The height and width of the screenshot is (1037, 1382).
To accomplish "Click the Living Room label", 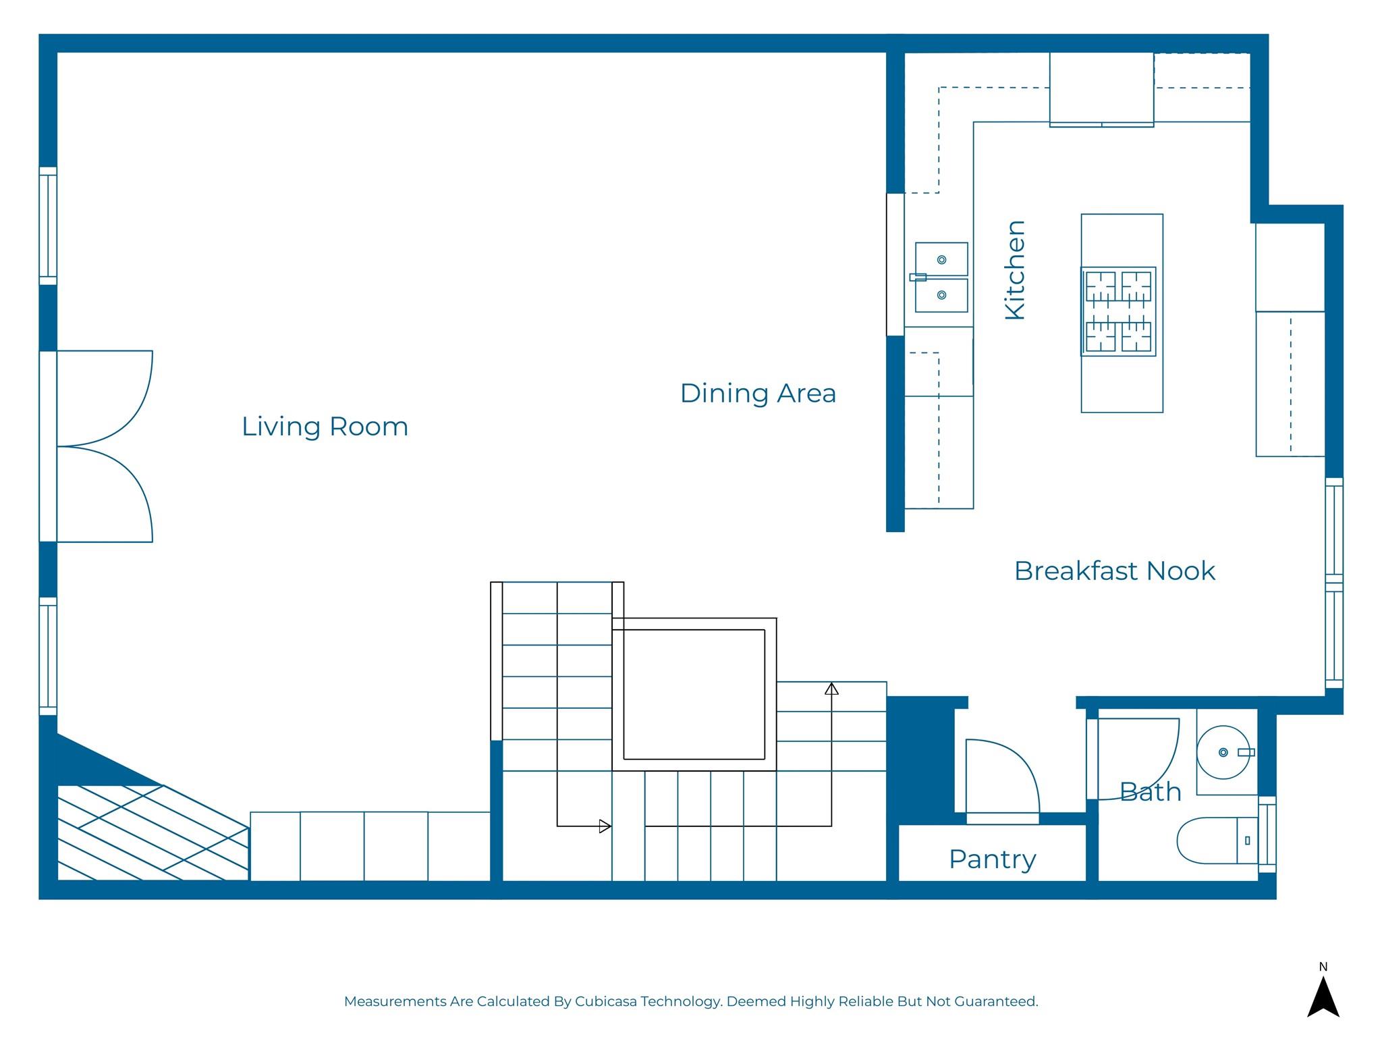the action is [325, 427].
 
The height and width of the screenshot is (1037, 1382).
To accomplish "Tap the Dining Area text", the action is [758, 394].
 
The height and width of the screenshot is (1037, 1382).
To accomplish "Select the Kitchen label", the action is [1015, 269].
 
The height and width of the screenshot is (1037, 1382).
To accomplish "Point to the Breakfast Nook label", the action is [1114, 571].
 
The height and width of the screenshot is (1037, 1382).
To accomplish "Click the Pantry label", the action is [992, 860].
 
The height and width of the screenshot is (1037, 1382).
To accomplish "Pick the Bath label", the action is [1151, 792].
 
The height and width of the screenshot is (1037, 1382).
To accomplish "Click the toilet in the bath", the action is [1217, 841].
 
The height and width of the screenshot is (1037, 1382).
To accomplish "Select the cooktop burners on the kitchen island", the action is [1118, 311].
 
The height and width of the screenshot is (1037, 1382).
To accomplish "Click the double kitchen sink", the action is [941, 277].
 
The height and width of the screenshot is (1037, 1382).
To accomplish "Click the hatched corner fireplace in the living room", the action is [153, 832].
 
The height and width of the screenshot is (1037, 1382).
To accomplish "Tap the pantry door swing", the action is [1003, 776].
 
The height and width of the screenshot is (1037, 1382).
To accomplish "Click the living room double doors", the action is [105, 446].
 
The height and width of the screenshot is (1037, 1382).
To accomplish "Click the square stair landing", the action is [694, 694].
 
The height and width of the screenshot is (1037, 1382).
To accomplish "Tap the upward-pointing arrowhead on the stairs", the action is [831, 689].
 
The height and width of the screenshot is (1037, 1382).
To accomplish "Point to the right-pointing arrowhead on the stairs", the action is [605, 826].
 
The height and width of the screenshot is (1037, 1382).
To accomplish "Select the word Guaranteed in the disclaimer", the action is [995, 1001].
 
